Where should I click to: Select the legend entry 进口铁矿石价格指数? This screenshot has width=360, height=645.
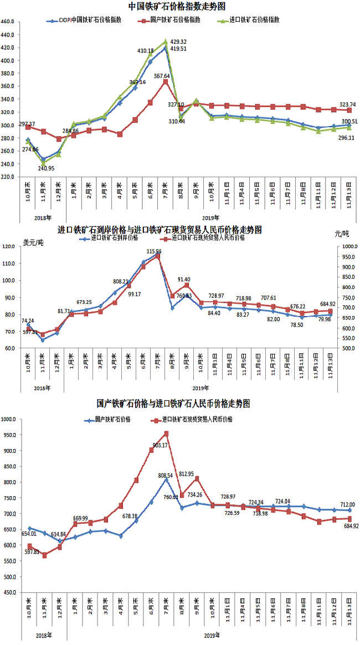point(254,19)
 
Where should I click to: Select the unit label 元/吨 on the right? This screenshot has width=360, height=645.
point(342,234)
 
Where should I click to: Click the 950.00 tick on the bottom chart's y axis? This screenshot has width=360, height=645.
point(9,435)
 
